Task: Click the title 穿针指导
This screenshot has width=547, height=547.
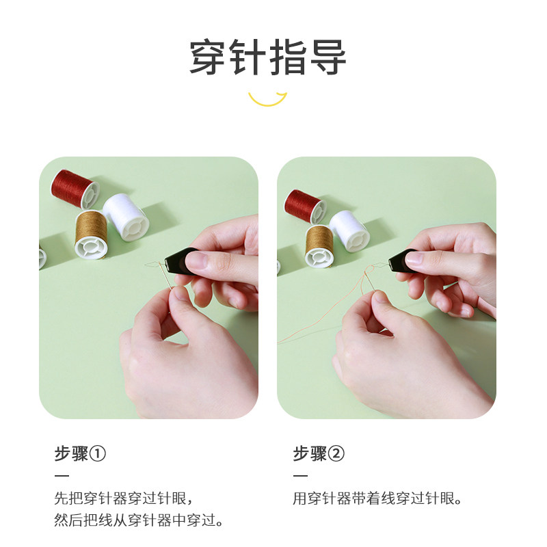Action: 267,57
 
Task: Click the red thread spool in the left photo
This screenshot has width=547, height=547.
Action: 75,189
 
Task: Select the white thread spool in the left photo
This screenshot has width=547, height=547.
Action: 126,217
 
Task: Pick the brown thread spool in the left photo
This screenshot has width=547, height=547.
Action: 91,234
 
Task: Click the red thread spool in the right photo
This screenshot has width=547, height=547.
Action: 305,206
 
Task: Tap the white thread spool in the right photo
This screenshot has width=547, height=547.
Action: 349,231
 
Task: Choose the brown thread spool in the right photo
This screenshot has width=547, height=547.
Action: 319,246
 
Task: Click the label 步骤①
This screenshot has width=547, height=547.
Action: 80,454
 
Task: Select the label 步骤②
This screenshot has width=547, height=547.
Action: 319,454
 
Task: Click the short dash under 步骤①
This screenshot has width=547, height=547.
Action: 62,476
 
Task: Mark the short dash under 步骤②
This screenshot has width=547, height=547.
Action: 300,476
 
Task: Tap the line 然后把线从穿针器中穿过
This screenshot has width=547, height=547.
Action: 139,520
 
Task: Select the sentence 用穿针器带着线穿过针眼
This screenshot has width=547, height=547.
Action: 377,498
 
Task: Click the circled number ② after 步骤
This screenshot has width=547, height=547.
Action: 336,454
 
